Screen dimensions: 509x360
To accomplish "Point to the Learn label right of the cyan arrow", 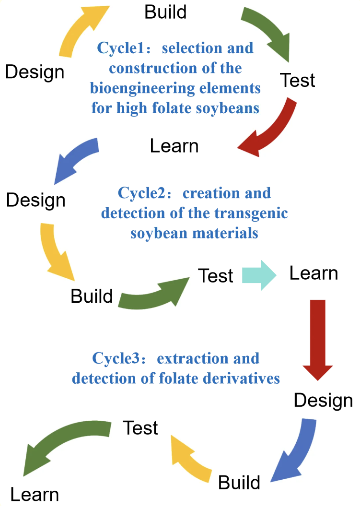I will pos(314,273).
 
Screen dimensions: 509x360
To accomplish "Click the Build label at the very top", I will pos(165,12).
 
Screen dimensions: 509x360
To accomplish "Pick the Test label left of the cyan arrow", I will pos(216,276).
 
